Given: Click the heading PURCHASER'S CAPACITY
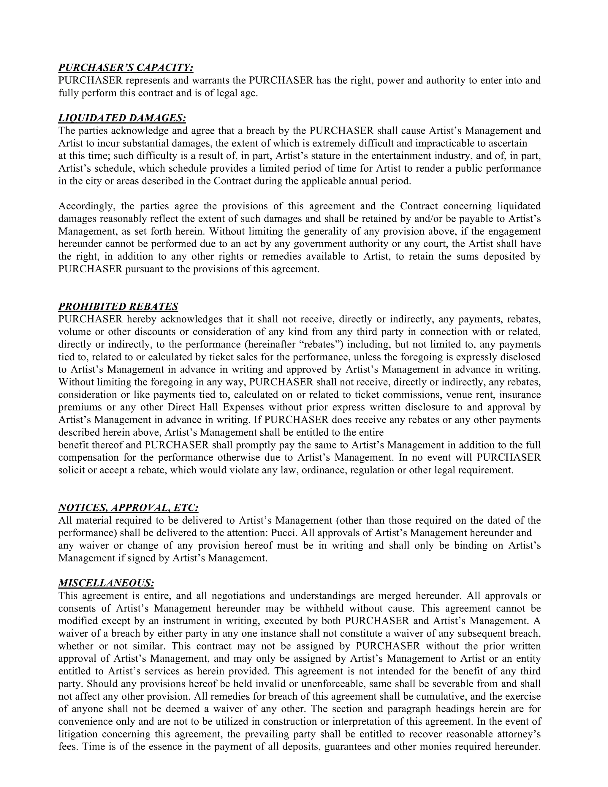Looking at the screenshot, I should point(126,68).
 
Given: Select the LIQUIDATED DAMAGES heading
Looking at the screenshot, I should point(122,118).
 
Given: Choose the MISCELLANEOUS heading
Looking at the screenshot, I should point(106,583).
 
